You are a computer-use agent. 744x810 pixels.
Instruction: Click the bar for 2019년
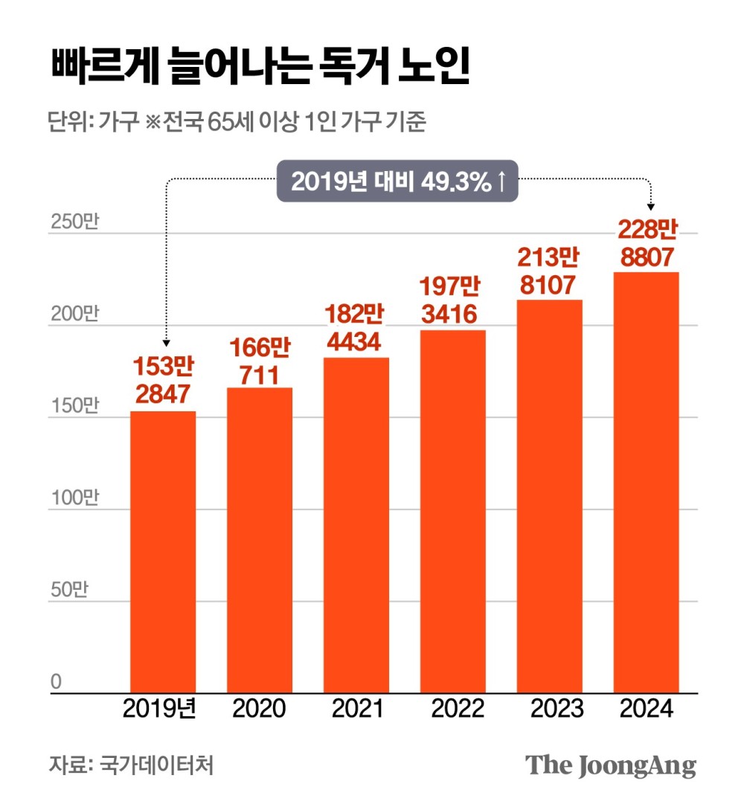point(163,552)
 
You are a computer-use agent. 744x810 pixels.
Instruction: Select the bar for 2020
point(260,541)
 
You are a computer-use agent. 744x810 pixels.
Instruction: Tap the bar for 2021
point(356,526)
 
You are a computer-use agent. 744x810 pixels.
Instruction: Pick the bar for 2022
point(453,512)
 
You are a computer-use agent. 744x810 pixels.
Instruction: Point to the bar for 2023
point(550,497)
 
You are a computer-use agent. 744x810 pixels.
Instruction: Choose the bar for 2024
point(646,483)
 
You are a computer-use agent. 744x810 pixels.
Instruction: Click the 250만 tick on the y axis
point(73,223)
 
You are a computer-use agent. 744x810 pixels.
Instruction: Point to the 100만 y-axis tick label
point(73,498)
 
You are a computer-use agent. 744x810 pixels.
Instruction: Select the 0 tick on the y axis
point(56,682)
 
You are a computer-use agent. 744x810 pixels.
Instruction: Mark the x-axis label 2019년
point(160,709)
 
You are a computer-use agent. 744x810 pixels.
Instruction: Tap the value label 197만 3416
point(453,300)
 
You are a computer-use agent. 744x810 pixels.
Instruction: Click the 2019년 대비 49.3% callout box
point(397,181)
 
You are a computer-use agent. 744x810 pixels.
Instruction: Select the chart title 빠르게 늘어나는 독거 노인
point(260,69)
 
